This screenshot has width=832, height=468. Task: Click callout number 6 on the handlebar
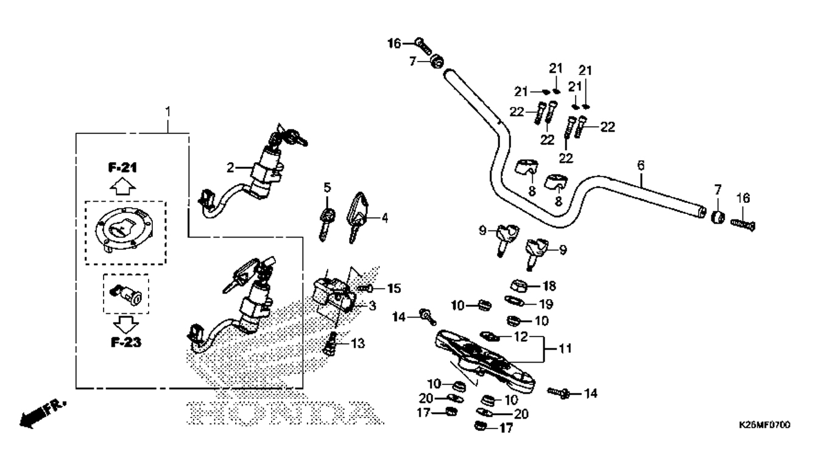[640, 165]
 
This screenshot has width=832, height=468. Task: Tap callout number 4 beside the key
[384, 217]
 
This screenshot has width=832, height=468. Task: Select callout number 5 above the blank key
[327, 187]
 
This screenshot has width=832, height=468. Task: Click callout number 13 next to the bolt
[357, 344]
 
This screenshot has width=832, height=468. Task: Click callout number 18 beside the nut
[549, 285]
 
